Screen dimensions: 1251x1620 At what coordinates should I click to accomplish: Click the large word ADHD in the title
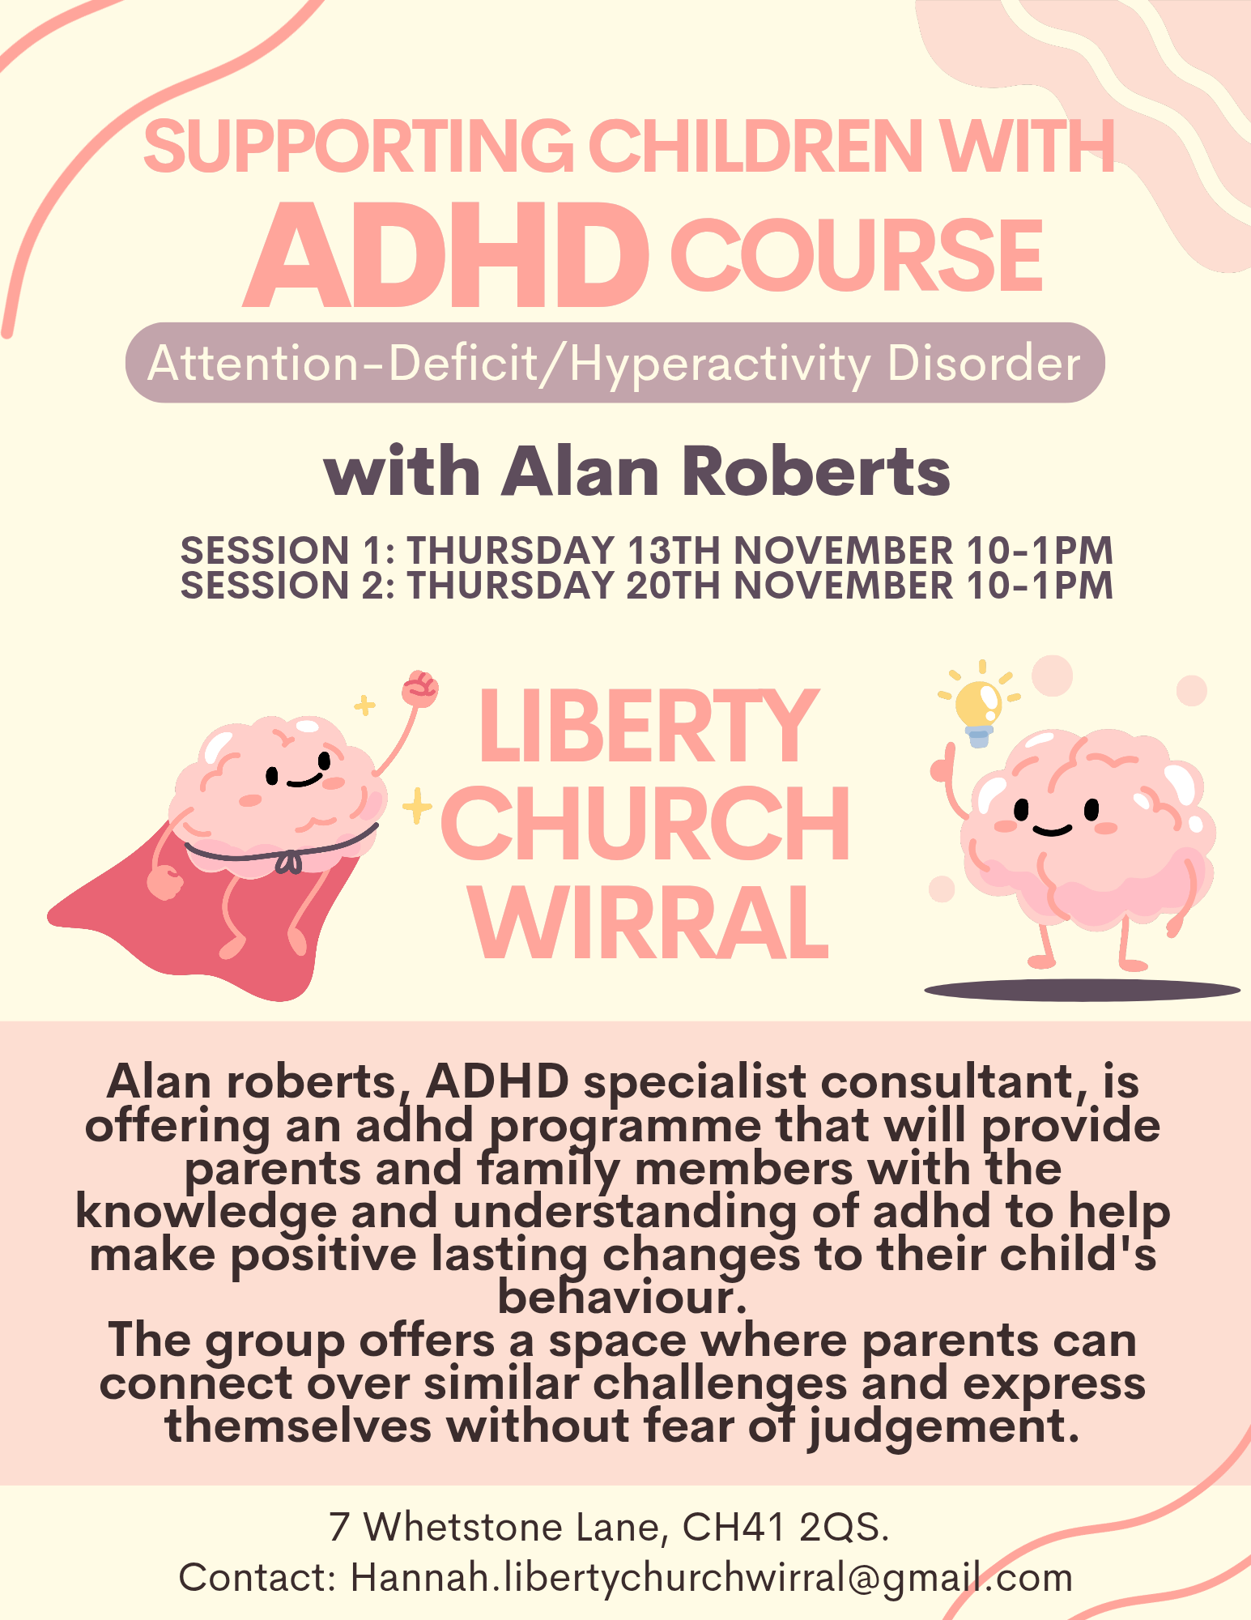coord(446,256)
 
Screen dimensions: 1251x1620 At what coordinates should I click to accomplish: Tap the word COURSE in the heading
coord(857,256)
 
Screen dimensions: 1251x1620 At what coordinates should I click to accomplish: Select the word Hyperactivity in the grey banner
coord(720,364)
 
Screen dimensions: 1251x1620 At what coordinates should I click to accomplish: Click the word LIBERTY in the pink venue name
coord(649,726)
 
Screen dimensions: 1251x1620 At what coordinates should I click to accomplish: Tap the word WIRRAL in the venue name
coord(650,923)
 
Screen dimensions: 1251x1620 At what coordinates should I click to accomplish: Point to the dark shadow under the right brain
coord(1083,990)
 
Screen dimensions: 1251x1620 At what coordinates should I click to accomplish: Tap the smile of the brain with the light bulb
coord(1053,829)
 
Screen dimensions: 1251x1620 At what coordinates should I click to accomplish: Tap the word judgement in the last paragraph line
coord(944,1427)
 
